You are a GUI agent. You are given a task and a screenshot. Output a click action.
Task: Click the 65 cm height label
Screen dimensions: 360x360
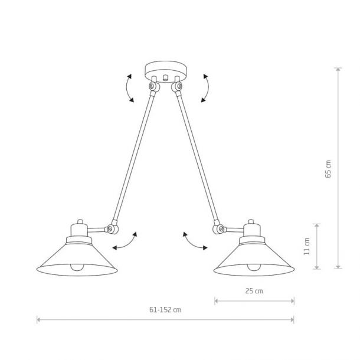click(x=328, y=169)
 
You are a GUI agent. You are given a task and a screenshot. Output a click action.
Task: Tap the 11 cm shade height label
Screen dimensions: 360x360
click(x=307, y=246)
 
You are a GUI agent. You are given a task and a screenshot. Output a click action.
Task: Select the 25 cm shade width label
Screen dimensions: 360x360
click(x=254, y=291)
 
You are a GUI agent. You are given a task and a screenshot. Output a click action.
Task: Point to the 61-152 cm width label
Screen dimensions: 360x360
click(x=165, y=310)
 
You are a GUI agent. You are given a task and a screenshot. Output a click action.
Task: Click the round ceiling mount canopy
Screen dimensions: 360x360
click(x=166, y=71)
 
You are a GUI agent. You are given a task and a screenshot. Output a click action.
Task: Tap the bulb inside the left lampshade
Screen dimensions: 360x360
click(x=77, y=267)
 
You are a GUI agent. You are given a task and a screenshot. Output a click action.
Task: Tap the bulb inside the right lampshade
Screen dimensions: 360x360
click(x=254, y=267)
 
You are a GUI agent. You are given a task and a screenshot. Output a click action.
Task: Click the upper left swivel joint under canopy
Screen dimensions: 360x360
click(x=154, y=87)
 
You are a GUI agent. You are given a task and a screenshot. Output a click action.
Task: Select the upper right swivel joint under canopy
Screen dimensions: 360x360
click(x=177, y=87)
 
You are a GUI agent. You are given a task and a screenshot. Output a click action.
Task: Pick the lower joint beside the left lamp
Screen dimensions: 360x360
click(x=112, y=228)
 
